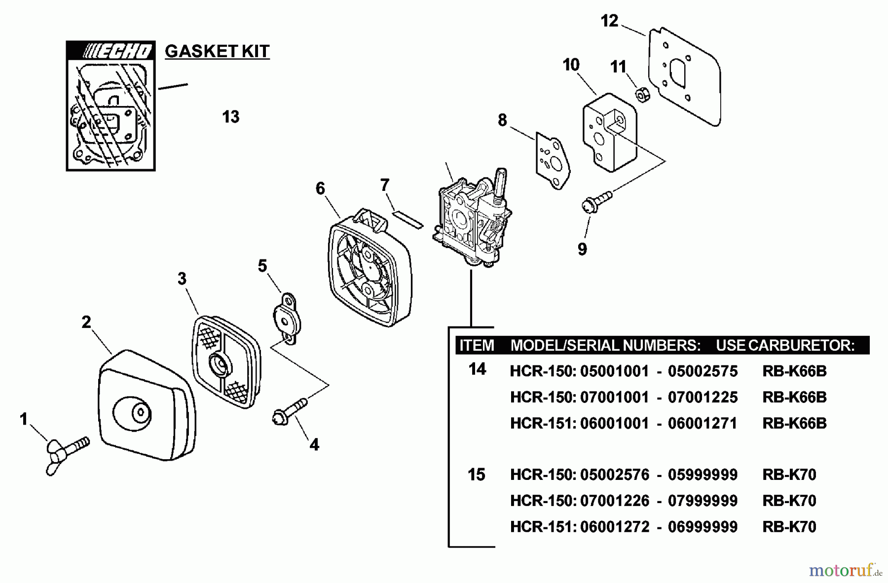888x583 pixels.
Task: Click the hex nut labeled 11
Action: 641,94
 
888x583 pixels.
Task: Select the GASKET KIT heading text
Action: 217,51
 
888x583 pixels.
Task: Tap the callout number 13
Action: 230,117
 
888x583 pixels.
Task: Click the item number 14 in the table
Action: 477,369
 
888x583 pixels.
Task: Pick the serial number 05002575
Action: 703,371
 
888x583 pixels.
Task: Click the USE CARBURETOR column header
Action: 785,345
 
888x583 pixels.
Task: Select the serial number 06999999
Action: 703,527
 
